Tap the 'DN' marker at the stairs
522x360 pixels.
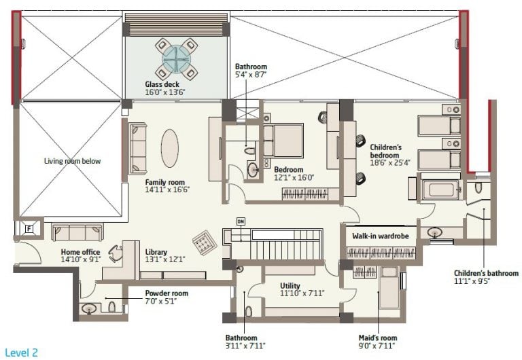click(241, 221)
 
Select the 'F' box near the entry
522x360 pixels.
click(29, 229)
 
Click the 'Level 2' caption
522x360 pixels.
click(21, 353)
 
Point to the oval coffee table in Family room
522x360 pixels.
click(170, 148)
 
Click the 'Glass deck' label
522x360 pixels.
click(162, 84)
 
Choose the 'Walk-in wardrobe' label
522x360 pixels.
click(380, 236)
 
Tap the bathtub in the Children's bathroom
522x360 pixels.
click(441, 190)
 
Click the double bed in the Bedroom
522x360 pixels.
click(283, 141)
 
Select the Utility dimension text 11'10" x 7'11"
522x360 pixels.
click(302, 293)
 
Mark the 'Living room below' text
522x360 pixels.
click(72, 161)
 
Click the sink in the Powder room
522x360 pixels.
click(89, 309)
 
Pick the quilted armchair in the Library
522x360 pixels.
click(205, 242)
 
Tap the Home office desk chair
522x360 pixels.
click(116, 254)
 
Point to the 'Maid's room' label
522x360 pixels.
click(378, 338)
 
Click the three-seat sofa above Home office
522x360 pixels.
click(77, 232)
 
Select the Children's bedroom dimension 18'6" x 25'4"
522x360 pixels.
click(390, 163)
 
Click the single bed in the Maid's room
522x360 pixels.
click(389, 288)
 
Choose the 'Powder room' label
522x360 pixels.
click(167, 293)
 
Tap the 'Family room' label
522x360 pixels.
click(164, 182)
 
